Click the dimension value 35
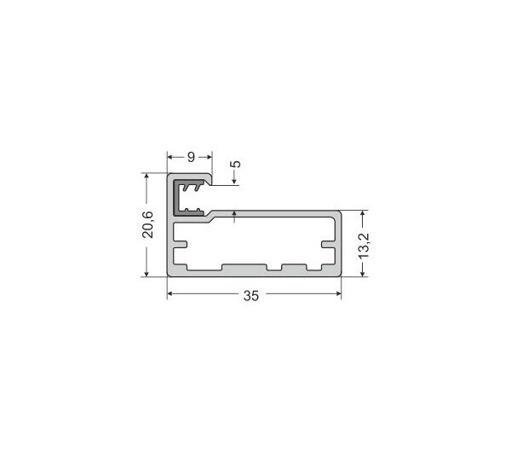(251, 296)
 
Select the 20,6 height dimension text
(147, 224)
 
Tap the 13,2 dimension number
(364, 246)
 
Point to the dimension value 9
(191, 157)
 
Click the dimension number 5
(237, 164)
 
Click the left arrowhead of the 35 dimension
(169, 293)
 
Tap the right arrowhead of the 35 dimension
(338, 293)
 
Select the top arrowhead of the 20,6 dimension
(146, 177)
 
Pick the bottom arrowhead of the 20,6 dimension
(146, 274)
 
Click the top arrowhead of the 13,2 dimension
(363, 214)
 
